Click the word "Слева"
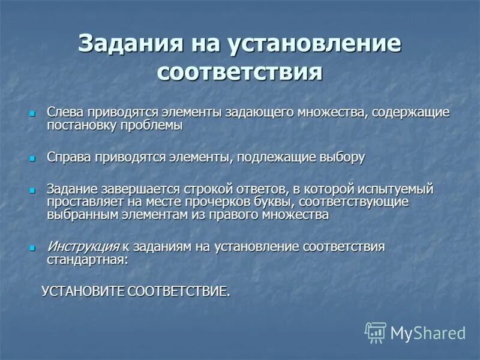click(65, 112)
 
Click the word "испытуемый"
click(398, 189)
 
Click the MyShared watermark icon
click(376, 332)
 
